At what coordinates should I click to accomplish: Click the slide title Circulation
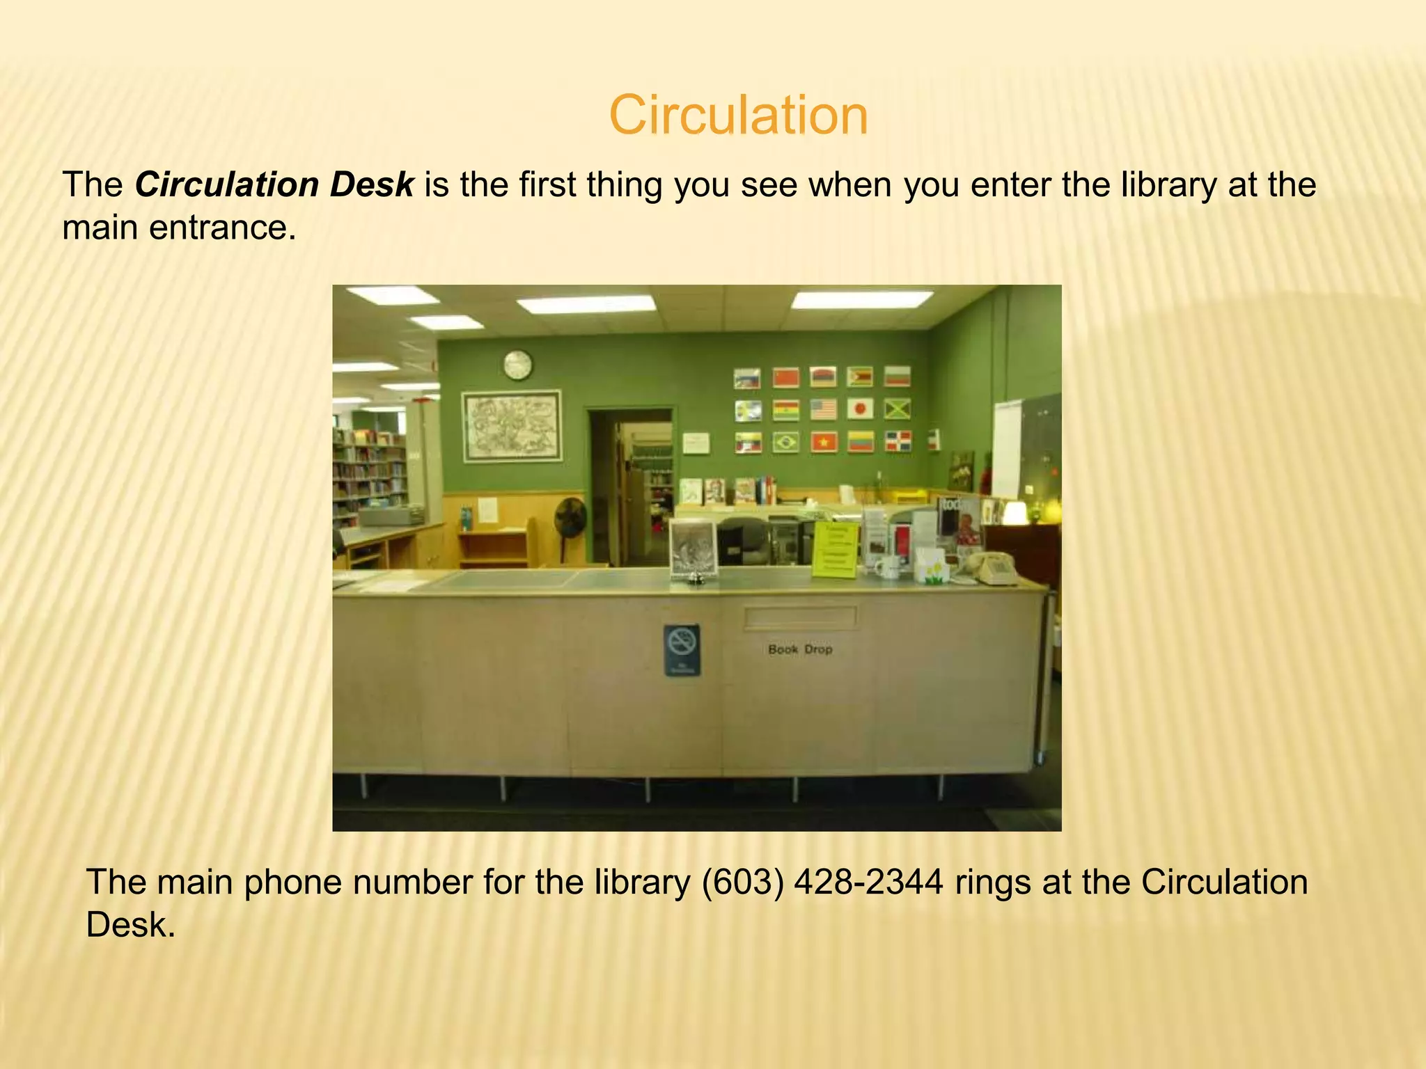(x=738, y=115)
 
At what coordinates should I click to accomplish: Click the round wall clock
(x=517, y=365)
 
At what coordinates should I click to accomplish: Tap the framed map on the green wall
(x=512, y=425)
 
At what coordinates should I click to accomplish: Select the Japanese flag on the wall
(x=860, y=409)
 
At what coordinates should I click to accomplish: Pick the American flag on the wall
(x=823, y=409)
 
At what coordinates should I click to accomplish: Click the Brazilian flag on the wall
(x=786, y=441)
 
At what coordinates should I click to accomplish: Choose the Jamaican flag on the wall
(x=898, y=409)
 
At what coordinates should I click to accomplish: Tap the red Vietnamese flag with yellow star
(x=823, y=441)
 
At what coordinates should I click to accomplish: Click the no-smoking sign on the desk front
(x=682, y=649)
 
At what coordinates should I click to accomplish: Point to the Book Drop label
(x=800, y=649)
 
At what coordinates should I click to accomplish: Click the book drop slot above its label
(x=800, y=617)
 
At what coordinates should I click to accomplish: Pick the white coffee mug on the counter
(x=886, y=567)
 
